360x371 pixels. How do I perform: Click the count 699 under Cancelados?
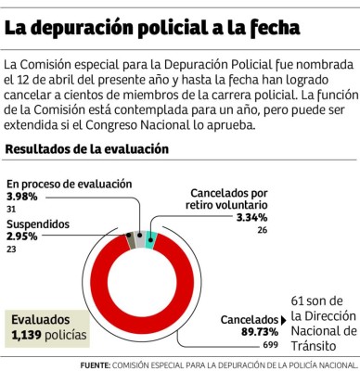pyautogui.click(x=270, y=344)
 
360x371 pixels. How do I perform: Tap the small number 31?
pyautogui.click(x=11, y=210)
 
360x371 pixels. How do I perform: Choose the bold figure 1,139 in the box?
pyautogui.click(x=29, y=333)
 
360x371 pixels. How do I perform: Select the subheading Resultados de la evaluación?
pyautogui.click(x=87, y=148)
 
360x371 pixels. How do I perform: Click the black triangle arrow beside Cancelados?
pyautogui.click(x=282, y=318)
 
